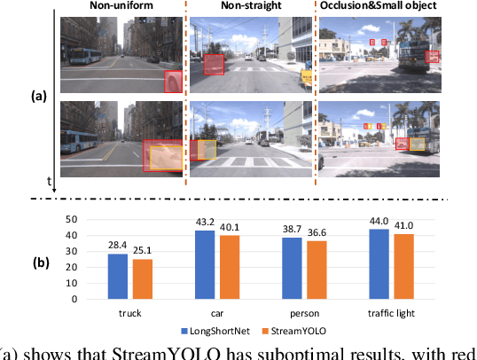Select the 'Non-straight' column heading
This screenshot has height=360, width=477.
pos(250,6)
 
